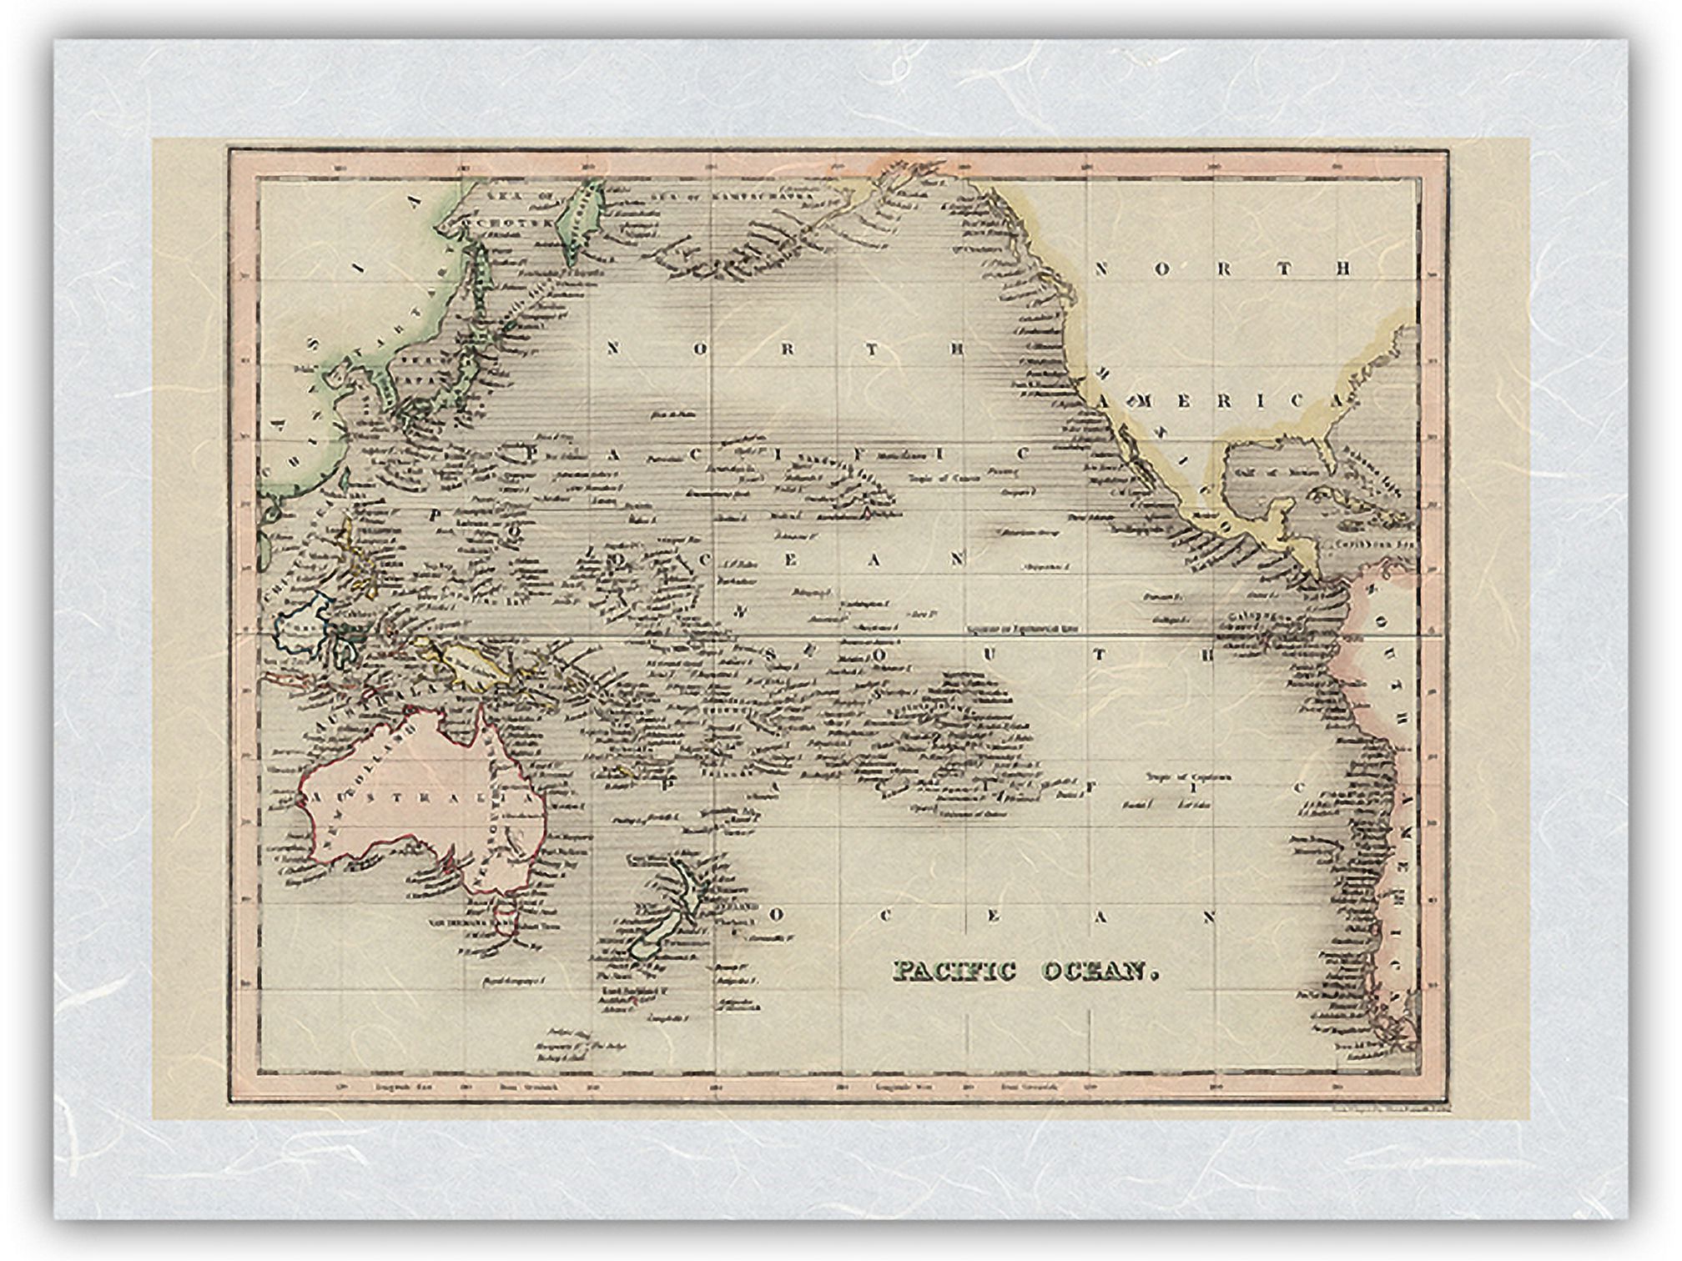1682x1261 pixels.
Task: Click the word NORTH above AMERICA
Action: tap(1222, 269)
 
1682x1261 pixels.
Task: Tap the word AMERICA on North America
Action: tap(1222, 401)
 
